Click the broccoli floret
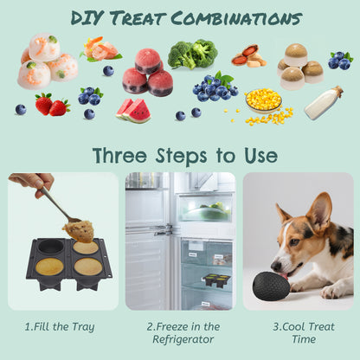[192, 55]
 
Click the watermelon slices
[132, 110]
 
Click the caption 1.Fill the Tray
[61, 326]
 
